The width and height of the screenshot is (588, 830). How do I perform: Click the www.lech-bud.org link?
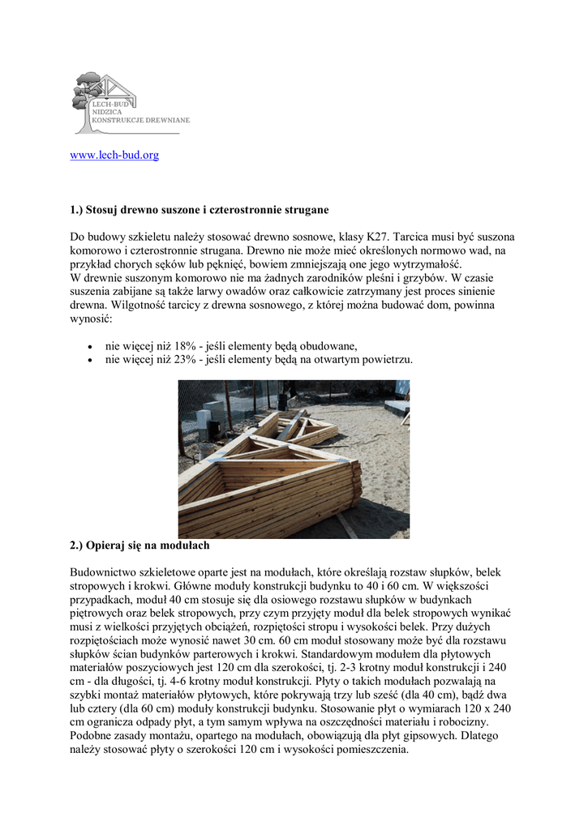114,155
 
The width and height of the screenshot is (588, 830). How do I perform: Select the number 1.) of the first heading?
77,210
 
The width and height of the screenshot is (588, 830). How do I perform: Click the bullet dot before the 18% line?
88,345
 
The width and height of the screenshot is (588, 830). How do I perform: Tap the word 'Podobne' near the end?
90,736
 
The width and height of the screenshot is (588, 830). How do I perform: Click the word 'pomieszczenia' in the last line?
369,750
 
